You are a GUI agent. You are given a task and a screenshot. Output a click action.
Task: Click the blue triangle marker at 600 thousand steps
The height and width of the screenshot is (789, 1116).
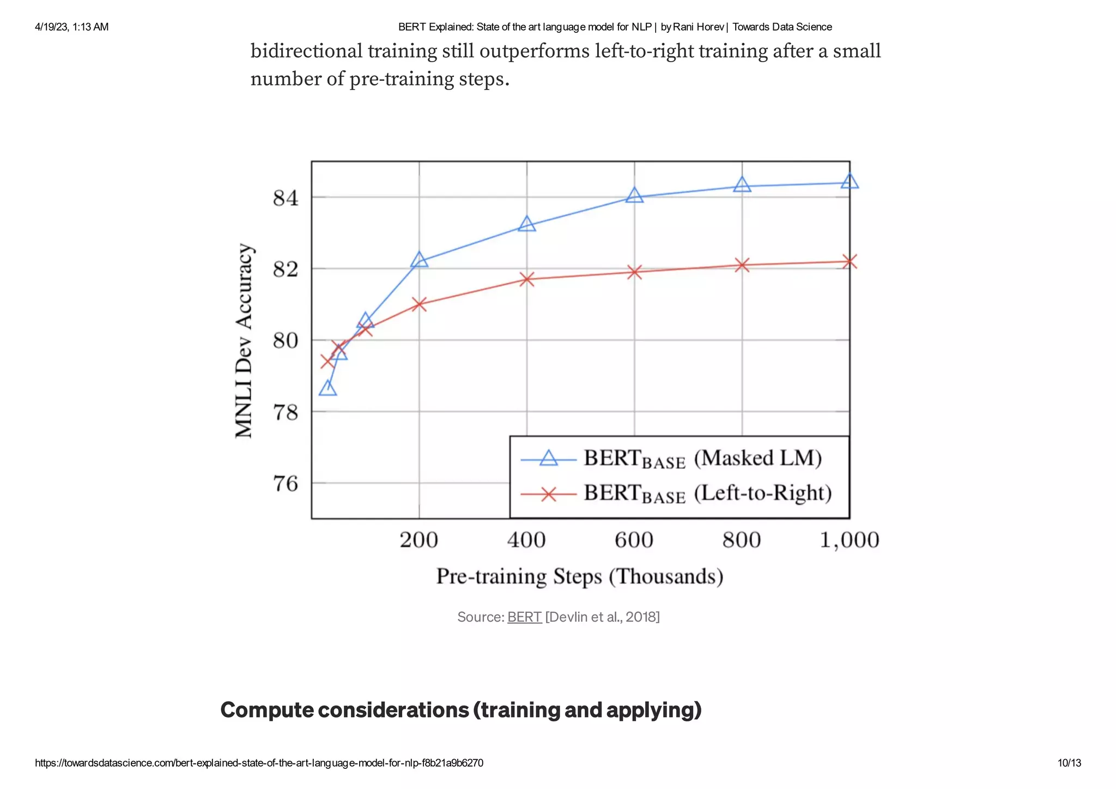pyautogui.click(x=634, y=196)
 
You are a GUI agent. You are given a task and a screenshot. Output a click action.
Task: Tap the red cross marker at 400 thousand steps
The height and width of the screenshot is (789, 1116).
pyautogui.click(x=526, y=279)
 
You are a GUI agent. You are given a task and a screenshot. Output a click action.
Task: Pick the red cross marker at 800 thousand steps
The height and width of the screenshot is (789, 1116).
pyautogui.click(x=742, y=265)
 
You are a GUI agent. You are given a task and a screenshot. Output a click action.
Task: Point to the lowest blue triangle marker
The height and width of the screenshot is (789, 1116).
pyautogui.click(x=327, y=389)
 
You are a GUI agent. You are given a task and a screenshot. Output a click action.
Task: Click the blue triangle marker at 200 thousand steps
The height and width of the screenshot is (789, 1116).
pyautogui.click(x=419, y=260)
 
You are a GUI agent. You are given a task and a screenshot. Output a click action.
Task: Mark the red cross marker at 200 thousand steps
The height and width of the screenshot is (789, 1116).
pyautogui.click(x=419, y=304)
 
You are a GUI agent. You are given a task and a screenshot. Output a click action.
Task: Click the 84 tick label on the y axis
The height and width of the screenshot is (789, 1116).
pyautogui.click(x=286, y=198)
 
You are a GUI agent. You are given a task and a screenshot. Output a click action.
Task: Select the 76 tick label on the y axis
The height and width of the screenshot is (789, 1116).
pyautogui.click(x=286, y=484)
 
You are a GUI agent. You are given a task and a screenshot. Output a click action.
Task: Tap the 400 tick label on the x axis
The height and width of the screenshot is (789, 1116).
pyautogui.click(x=526, y=540)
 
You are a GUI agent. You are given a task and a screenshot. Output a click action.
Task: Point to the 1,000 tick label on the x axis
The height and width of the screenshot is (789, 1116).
pyautogui.click(x=849, y=540)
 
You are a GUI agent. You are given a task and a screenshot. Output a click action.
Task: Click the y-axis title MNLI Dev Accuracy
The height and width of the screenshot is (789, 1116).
pyautogui.click(x=244, y=341)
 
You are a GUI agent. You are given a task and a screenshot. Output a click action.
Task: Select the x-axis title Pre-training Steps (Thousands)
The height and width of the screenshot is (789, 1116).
pyautogui.click(x=579, y=577)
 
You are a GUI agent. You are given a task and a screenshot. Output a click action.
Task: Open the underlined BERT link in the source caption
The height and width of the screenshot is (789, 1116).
pyautogui.click(x=524, y=617)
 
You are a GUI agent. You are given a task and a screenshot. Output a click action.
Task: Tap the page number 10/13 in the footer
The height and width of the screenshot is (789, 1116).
pyautogui.click(x=1069, y=763)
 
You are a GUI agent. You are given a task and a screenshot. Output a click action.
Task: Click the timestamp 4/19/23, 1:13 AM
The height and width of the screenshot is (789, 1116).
pyautogui.click(x=71, y=27)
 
